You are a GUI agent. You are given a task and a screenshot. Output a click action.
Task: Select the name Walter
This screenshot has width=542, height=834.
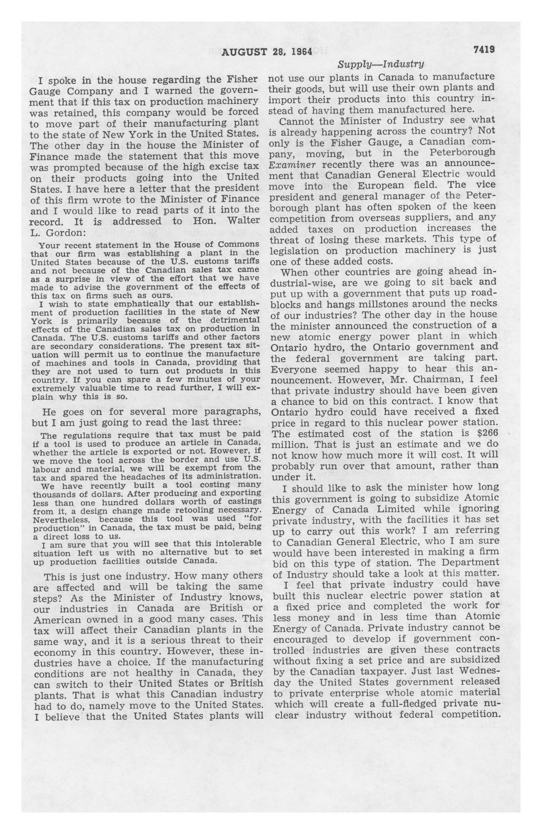(x=244, y=221)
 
